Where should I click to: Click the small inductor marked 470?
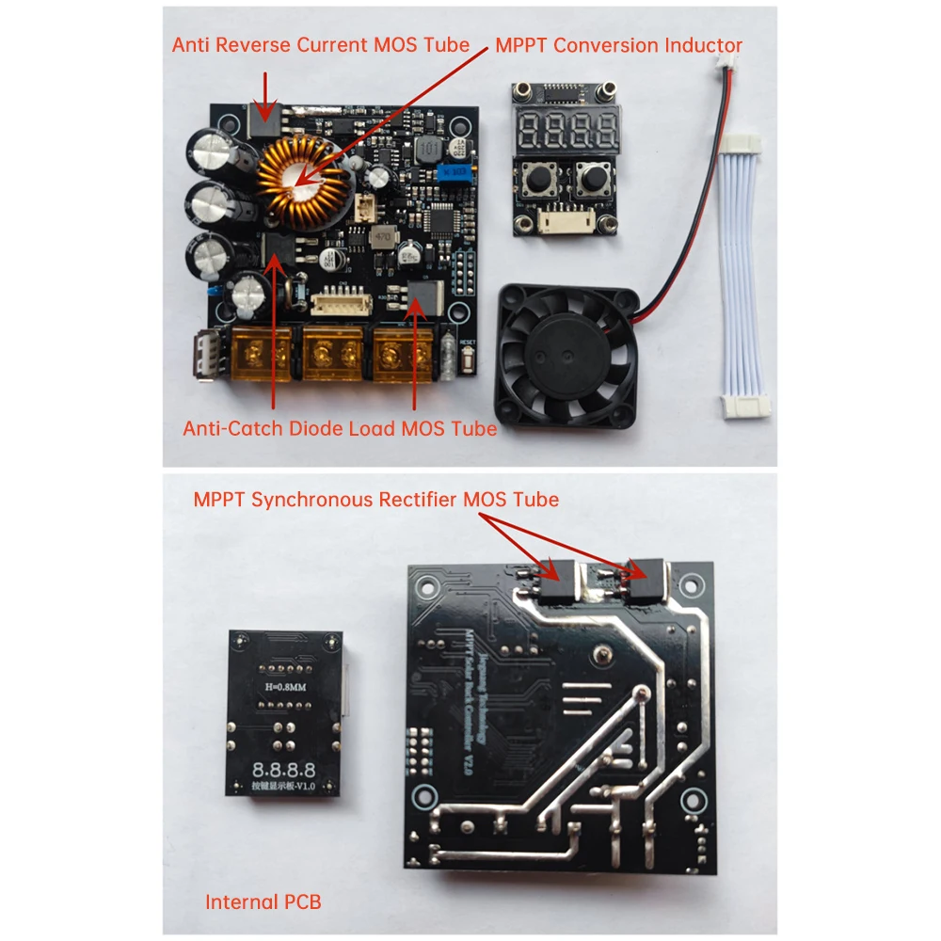pos(382,236)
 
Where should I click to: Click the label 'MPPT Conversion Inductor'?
pos(619,45)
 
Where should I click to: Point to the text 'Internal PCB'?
pos(263,901)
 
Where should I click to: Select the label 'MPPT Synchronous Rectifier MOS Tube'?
pos(375,500)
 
